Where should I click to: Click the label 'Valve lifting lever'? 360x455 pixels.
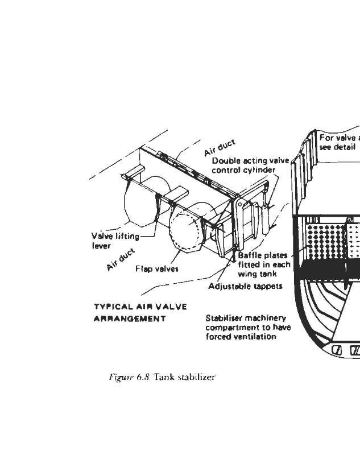(x=115, y=241)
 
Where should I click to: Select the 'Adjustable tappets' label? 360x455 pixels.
(x=245, y=286)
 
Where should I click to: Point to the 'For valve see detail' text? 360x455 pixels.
(x=338, y=142)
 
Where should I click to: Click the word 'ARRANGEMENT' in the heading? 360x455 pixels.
(x=129, y=318)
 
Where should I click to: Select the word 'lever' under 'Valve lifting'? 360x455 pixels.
(x=101, y=246)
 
